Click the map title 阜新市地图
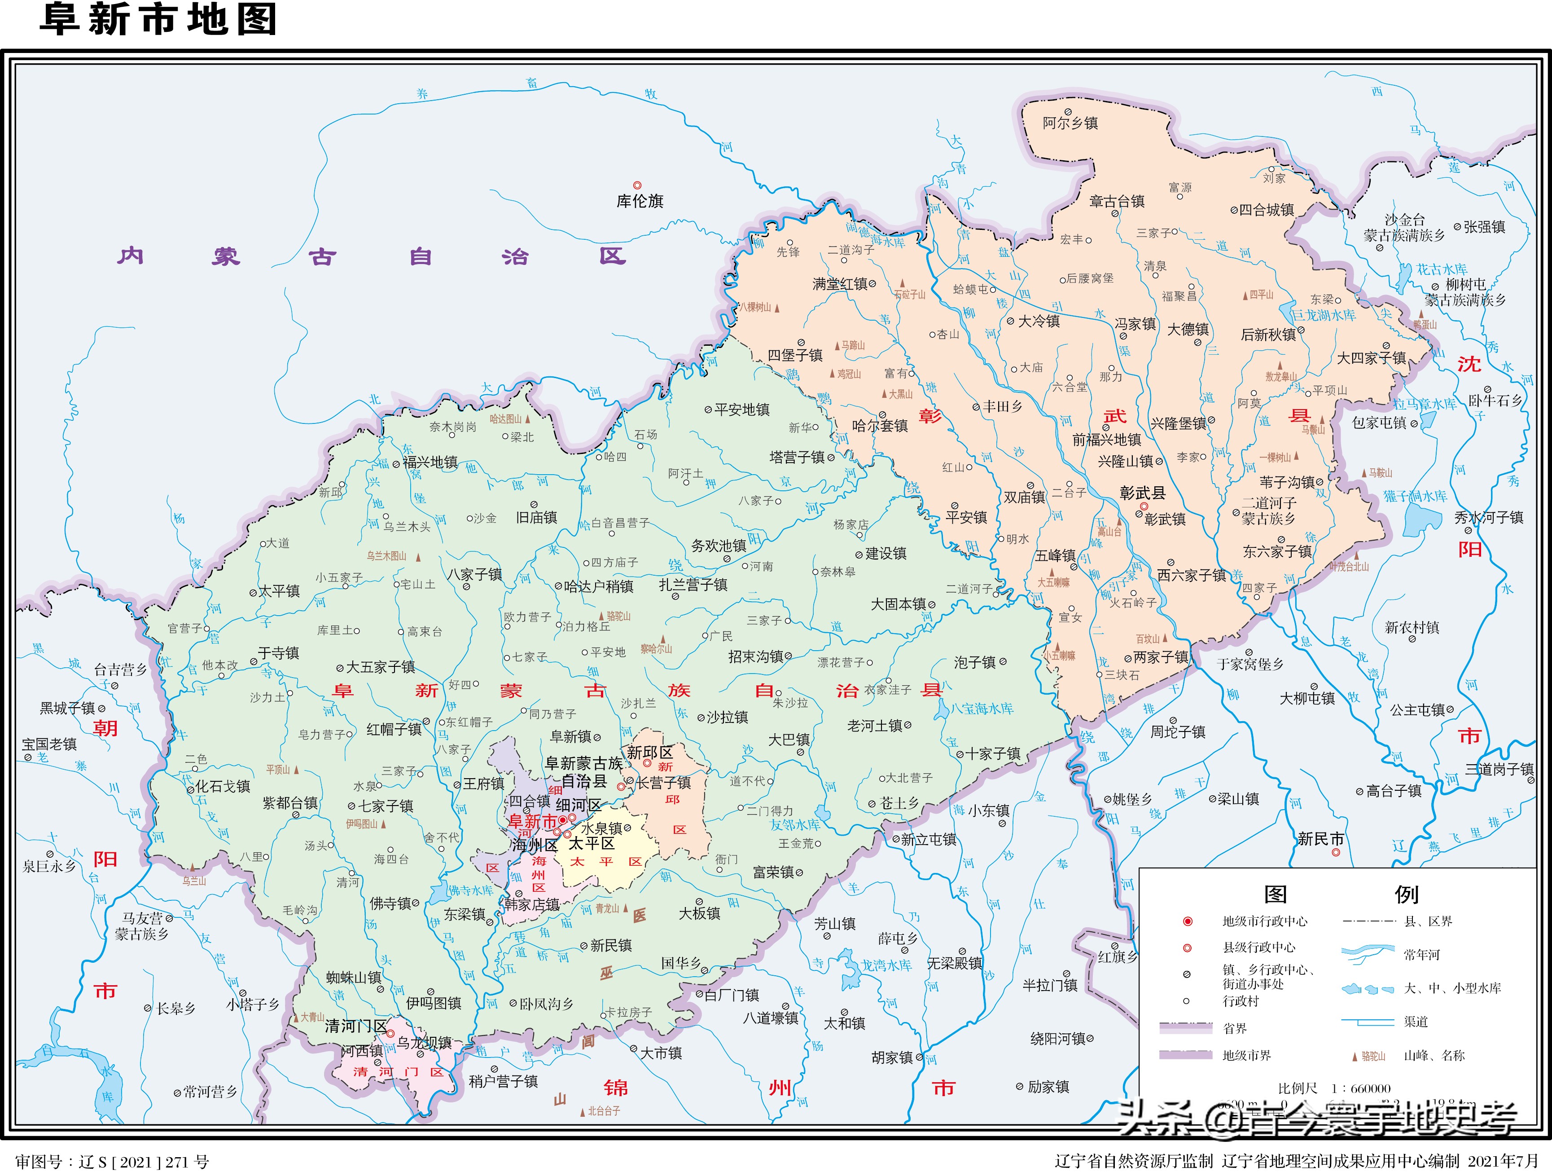tap(158, 19)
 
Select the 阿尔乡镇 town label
tap(1070, 123)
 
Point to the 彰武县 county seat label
tap(1142, 493)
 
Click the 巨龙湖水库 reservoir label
tap(1324, 315)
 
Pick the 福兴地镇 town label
tap(430, 463)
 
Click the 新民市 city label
tap(1320, 839)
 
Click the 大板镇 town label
tap(700, 913)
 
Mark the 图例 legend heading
tap(1340, 895)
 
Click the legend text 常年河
tap(1421, 955)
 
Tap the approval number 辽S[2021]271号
tap(112, 1162)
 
